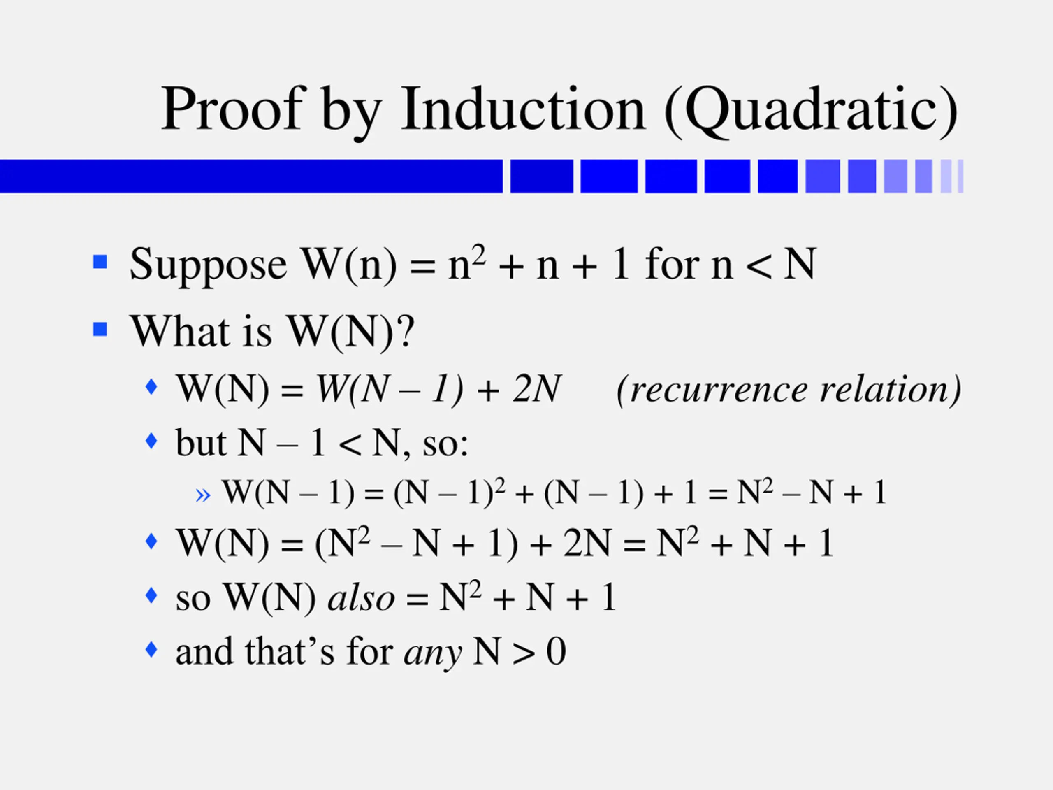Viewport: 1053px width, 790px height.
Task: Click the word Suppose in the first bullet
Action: pyautogui.click(x=208, y=265)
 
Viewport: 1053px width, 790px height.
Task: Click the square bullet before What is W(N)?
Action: pyautogui.click(x=100, y=329)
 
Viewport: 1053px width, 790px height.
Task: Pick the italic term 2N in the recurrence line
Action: pyautogui.click(x=536, y=390)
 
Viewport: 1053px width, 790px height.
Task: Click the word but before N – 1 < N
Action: pyautogui.click(x=200, y=443)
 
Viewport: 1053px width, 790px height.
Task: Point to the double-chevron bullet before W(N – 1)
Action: pyautogui.click(x=203, y=495)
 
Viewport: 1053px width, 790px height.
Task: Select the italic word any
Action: pyautogui.click(x=432, y=653)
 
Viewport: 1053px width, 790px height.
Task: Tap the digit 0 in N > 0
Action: pyautogui.click(x=556, y=651)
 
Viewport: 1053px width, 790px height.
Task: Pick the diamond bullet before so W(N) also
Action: pyautogui.click(x=151, y=595)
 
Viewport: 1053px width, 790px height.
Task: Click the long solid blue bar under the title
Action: pyautogui.click(x=251, y=176)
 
